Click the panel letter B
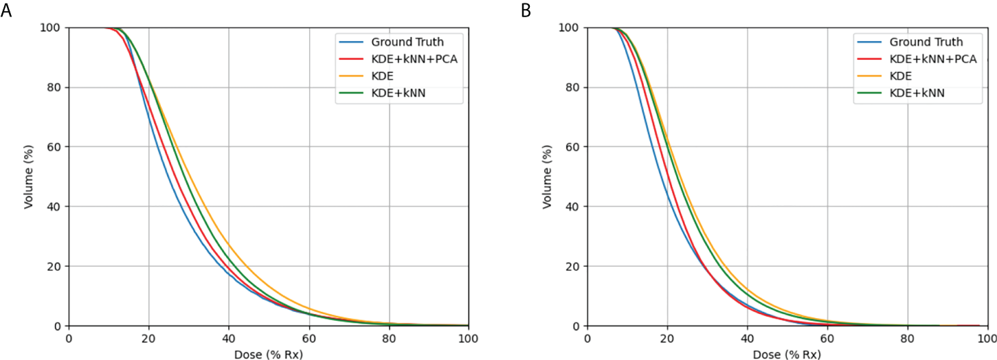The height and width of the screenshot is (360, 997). point(526,10)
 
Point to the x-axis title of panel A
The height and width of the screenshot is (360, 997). point(268,355)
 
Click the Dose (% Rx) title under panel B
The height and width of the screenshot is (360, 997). point(787,355)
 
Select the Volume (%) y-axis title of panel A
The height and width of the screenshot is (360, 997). point(28,177)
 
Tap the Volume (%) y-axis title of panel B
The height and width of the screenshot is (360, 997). point(547,177)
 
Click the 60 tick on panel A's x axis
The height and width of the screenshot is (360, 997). point(309,339)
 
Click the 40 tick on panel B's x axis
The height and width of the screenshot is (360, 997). point(747,339)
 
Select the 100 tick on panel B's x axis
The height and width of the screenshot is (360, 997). point(987,339)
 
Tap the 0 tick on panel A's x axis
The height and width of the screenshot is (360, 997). point(68,339)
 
